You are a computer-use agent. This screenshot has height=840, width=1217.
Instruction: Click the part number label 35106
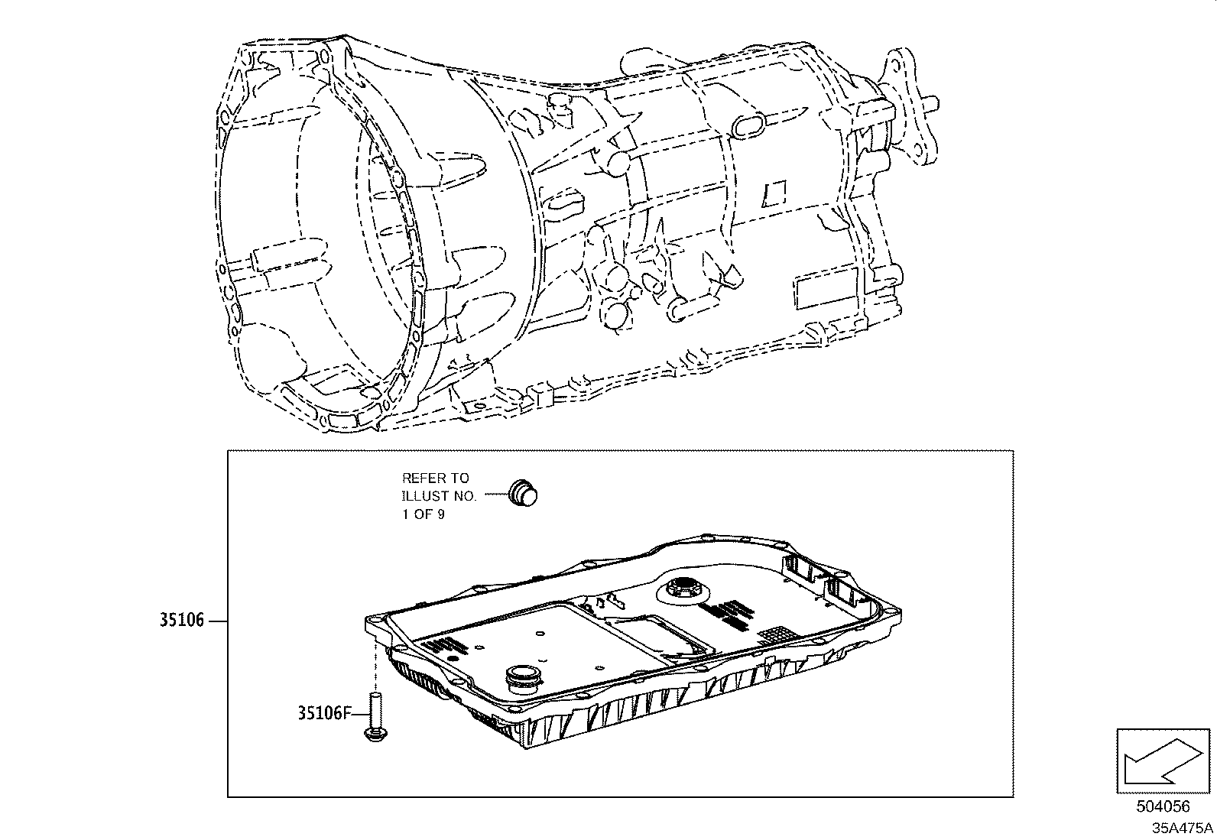point(182,621)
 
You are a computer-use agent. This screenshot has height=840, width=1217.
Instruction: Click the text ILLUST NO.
point(439,496)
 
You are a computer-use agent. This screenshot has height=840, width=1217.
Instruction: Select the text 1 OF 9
point(424,514)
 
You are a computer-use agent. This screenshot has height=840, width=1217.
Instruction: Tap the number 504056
point(1163,806)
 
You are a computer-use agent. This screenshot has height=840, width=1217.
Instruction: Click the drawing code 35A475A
point(1183,828)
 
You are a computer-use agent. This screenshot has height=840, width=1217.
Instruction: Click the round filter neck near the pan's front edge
point(522,677)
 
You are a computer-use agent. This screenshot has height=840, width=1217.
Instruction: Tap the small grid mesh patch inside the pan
point(777,634)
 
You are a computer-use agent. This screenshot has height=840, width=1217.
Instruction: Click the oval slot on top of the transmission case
point(748,125)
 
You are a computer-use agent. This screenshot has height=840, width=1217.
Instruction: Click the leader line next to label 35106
point(217,621)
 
